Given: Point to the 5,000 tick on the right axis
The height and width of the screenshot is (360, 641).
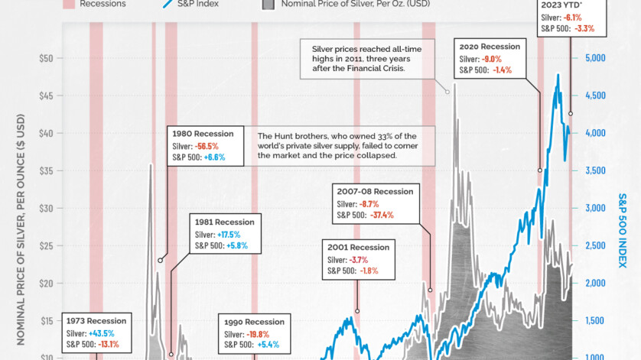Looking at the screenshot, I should pos(595,58).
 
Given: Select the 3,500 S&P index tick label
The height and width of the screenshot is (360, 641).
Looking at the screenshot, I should pos(595,170).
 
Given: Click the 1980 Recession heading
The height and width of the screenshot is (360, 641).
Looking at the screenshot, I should pos(204,132).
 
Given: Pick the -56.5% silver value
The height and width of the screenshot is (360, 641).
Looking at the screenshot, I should pos(207,145).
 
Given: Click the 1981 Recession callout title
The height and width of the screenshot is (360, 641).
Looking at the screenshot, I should pos(223,222).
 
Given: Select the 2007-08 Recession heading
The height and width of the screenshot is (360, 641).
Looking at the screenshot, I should pos(375,191).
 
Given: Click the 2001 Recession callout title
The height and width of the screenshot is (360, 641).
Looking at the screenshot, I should pos(358,247).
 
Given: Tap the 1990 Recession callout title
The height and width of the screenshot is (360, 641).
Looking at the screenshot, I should pos(253,322).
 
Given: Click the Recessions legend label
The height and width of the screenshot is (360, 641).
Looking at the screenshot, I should pos(103,4).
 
